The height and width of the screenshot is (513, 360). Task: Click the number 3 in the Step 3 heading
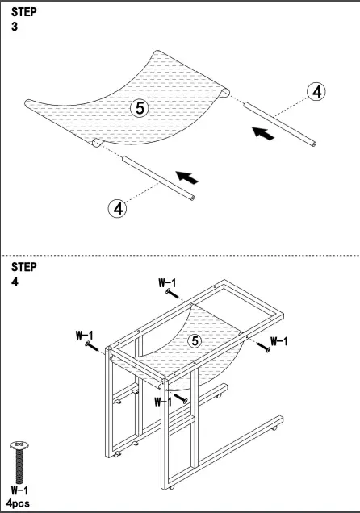[15, 27]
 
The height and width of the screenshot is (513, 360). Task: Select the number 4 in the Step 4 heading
[15, 282]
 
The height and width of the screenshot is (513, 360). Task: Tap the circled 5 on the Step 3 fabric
[139, 108]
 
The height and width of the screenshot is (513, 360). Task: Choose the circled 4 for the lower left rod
[119, 207]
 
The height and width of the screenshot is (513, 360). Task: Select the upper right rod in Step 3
[279, 125]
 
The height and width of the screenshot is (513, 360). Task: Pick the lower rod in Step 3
[157, 177]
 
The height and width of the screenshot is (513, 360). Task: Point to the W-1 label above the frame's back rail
[167, 282]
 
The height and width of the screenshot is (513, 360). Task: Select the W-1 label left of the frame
[85, 334]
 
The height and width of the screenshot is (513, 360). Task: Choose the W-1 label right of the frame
[279, 341]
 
